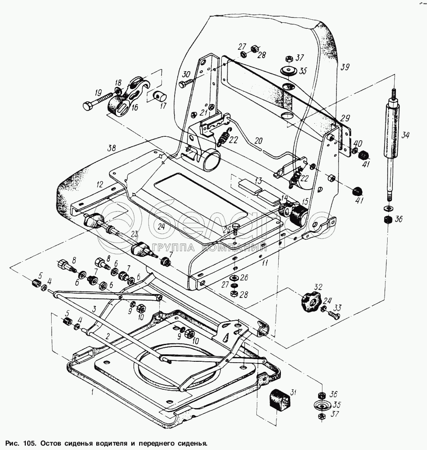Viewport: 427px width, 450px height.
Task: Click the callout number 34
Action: pos(406,135)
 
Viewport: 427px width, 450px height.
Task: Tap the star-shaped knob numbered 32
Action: pos(310,301)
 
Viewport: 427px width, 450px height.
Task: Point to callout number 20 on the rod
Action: pos(258,141)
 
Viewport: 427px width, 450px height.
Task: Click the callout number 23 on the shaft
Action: pos(134,234)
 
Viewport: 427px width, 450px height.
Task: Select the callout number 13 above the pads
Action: pos(258,181)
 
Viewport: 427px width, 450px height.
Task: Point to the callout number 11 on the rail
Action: pos(265,263)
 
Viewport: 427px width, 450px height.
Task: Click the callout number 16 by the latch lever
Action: pos(134,107)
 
